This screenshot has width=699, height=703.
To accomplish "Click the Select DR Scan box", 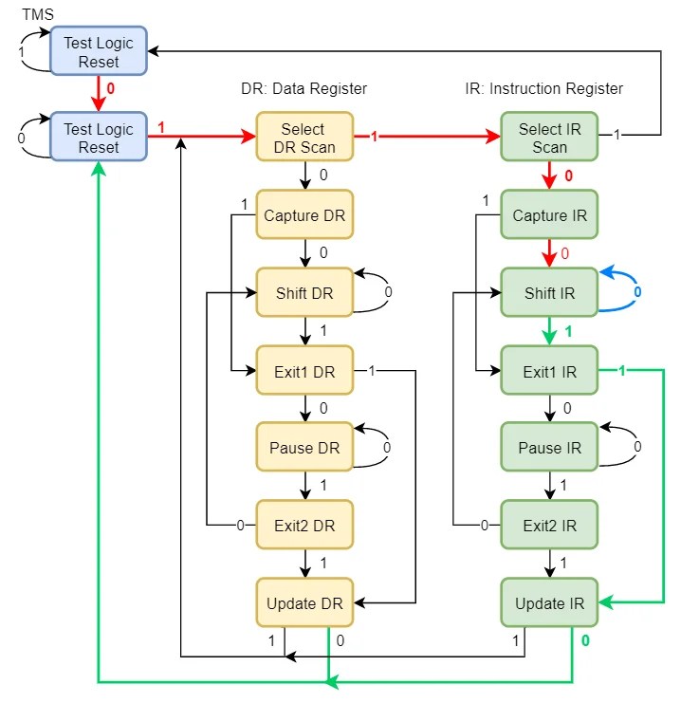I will [304, 138].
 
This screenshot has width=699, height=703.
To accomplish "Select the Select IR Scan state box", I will [549, 138].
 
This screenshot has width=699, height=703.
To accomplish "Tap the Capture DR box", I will [304, 215].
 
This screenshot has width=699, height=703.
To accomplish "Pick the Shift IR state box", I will [549, 293].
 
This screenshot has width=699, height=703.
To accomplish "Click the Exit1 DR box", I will [304, 371].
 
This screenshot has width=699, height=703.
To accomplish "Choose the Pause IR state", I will [549, 448].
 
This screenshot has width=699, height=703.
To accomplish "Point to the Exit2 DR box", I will [304, 526].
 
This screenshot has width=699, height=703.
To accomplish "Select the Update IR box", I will [549, 603].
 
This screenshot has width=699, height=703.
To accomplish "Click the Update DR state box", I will [304, 603].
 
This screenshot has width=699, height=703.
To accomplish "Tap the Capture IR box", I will [549, 215].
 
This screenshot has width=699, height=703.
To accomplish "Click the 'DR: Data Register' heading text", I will [303, 88].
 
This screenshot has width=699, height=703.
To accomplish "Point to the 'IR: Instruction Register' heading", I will [543, 88].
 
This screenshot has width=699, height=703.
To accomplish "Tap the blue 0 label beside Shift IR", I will [637, 292].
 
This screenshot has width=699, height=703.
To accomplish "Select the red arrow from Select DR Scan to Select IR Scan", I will [427, 138].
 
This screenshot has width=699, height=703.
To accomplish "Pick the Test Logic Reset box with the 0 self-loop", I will [99, 138].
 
